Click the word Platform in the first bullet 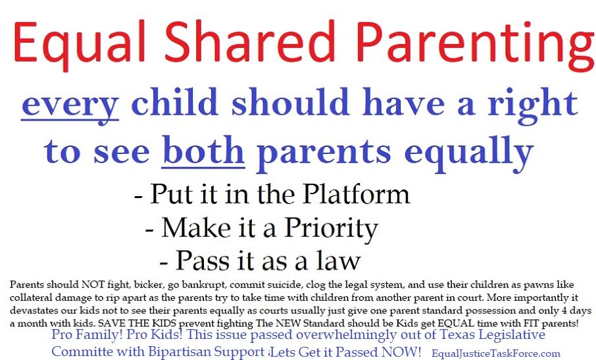[x=356, y=194]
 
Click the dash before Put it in [x=139, y=197]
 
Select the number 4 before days [x=565, y=310]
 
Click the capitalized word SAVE [x=111, y=324]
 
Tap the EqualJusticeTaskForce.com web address [x=495, y=354]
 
